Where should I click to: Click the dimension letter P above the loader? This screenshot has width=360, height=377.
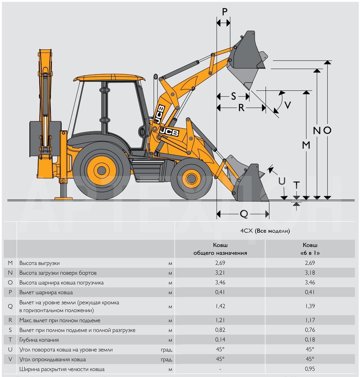[x=224, y=12]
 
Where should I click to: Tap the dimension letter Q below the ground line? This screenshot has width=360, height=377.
[x=244, y=214]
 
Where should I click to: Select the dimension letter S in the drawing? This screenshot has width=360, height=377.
[x=234, y=96]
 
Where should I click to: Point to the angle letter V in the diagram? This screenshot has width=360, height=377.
[x=288, y=105]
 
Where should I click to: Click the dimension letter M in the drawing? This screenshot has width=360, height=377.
[x=306, y=145]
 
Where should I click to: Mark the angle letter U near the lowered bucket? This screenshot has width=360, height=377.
[x=282, y=181]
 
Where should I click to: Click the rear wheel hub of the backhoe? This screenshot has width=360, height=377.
[x=101, y=170]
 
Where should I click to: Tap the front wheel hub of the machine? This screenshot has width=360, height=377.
[x=192, y=178]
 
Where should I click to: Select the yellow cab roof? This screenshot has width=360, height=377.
[x=109, y=77]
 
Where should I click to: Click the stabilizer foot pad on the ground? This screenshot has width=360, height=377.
[x=64, y=199]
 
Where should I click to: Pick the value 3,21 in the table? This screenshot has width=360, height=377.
[x=220, y=273]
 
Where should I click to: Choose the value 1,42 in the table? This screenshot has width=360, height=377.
[x=220, y=306]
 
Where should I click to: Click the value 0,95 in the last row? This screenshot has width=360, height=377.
[x=310, y=369]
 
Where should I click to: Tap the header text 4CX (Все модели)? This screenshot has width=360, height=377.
[x=265, y=231]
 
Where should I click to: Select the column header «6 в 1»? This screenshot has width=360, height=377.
[x=310, y=253]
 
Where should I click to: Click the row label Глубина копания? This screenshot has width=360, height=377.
[x=39, y=340]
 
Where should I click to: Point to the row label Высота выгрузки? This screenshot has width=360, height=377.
[x=39, y=263]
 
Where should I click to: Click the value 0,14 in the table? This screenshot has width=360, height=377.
[x=220, y=340]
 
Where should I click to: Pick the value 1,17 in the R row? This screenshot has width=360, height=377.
[x=310, y=320]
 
